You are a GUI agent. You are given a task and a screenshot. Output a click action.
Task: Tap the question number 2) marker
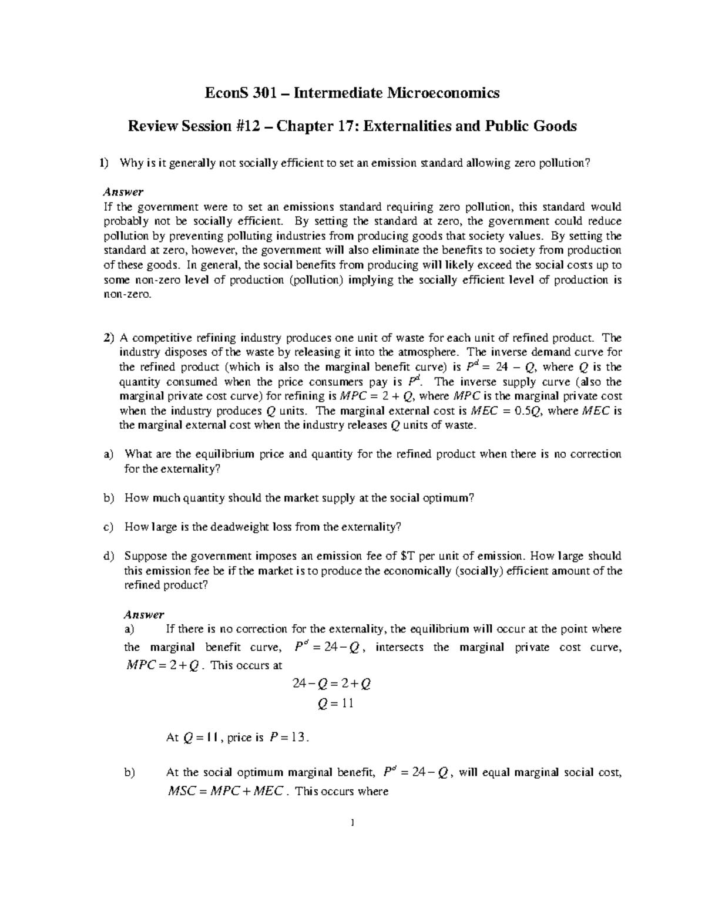(x=108, y=338)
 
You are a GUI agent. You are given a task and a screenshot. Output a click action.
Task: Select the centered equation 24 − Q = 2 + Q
(x=332, y=684)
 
